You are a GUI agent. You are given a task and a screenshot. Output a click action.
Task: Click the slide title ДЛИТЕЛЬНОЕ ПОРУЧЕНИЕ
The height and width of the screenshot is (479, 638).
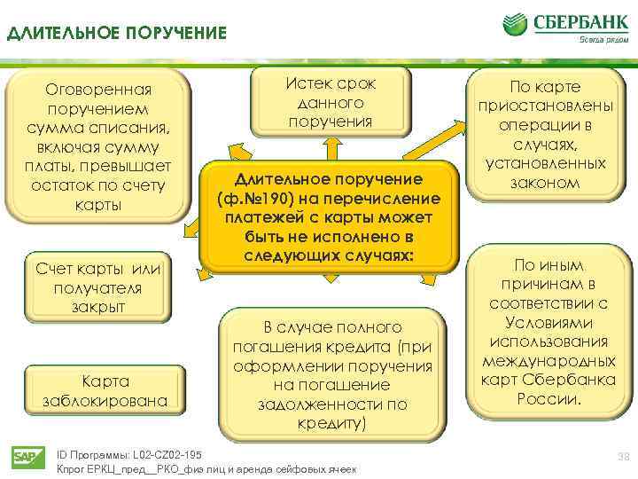tap(117, 35)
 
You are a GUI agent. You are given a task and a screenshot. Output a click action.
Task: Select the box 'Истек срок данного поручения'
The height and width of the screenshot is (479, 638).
tap(330, 102)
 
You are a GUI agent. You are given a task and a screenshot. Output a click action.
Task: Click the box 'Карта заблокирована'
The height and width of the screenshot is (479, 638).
tap(105, 391)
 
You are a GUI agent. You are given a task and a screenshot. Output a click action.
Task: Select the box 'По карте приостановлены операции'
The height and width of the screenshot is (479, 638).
tap(545, 134)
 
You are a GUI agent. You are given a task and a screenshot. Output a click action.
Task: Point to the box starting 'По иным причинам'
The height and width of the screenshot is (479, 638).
tap(549, 332)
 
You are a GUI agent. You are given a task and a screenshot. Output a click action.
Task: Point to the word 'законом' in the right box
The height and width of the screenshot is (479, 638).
tap(545, 183)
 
